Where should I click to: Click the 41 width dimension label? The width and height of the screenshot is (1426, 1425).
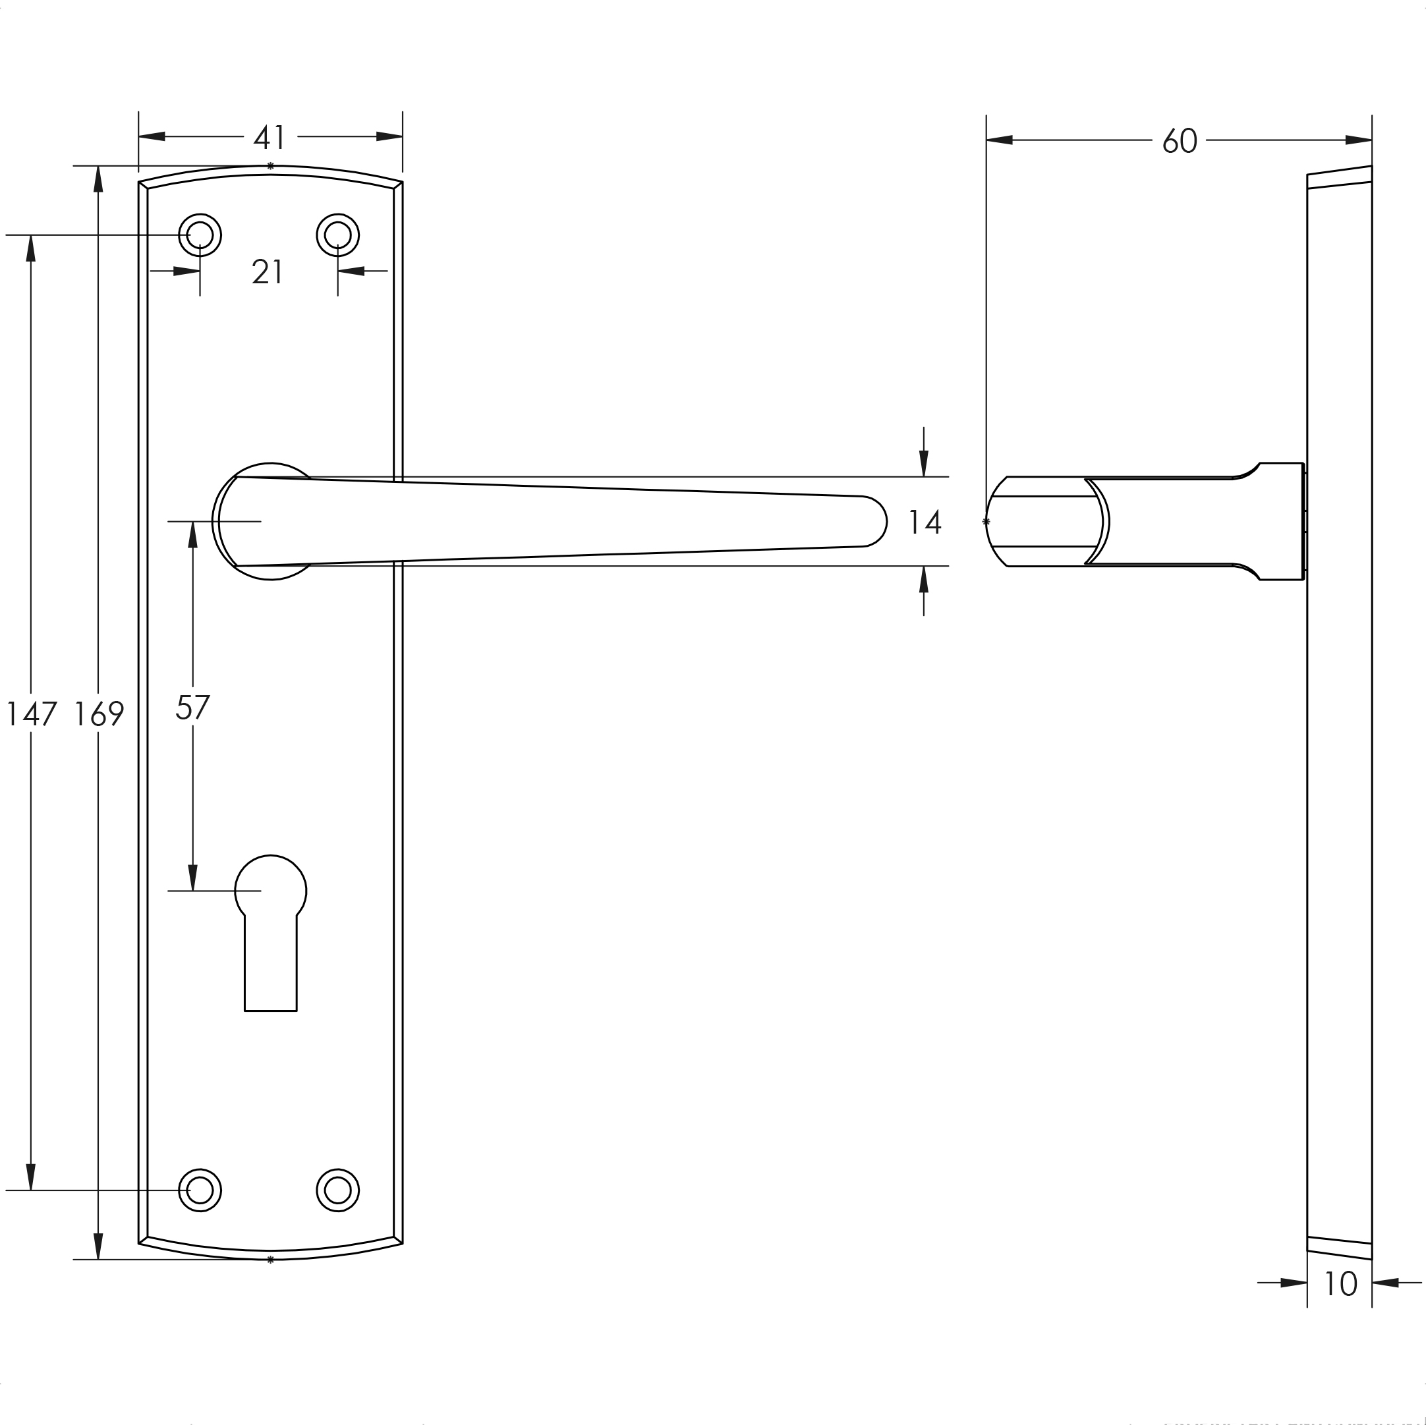click(270, 137)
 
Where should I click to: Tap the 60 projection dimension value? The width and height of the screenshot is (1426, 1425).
click(1179, 141)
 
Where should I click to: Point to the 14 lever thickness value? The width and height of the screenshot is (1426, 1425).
click(924, 522)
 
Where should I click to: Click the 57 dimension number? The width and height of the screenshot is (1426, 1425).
click(192, 708)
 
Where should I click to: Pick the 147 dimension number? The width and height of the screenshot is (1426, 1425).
click(31, 713)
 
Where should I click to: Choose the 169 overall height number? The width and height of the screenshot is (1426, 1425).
click(98, 713)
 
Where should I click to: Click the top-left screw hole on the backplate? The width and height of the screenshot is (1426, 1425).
click(200, 235)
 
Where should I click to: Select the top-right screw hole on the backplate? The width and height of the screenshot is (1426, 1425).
click(337, 235)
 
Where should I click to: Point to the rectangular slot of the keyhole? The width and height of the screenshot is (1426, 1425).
click(270, 966)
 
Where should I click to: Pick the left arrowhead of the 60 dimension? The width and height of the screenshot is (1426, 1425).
click(1000, 140)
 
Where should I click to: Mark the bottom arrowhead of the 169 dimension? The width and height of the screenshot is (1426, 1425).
click(98, 1246)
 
